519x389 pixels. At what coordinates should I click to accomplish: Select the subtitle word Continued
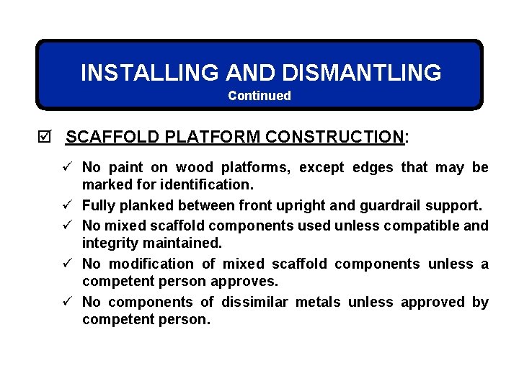tap(259, 96)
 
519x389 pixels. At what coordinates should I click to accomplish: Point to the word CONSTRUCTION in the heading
tap(334, 137)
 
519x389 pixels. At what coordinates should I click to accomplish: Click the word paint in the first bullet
tap(126, 168)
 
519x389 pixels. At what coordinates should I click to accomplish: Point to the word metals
tap(319, 303)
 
